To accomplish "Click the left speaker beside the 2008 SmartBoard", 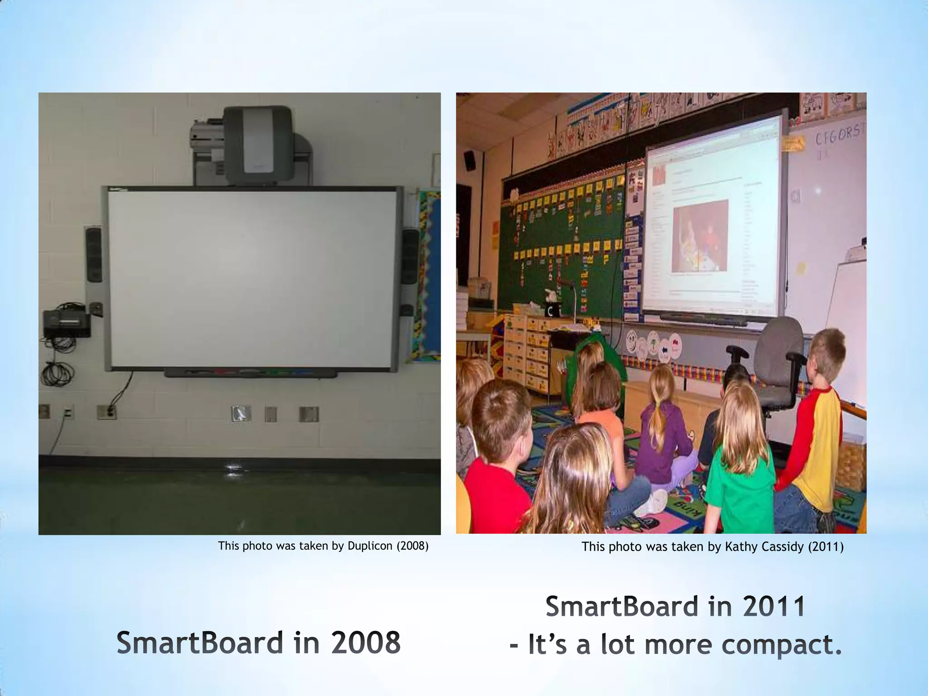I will click(x=94, y=255).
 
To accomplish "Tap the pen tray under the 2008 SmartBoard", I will click(x=251, y=373).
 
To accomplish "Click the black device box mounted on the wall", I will click(x=66, y=323).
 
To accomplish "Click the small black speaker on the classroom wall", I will click(x=469, y=160).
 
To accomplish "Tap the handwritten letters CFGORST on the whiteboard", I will click(x=838, y=134).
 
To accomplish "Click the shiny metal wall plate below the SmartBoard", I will click(x=241, y=413).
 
